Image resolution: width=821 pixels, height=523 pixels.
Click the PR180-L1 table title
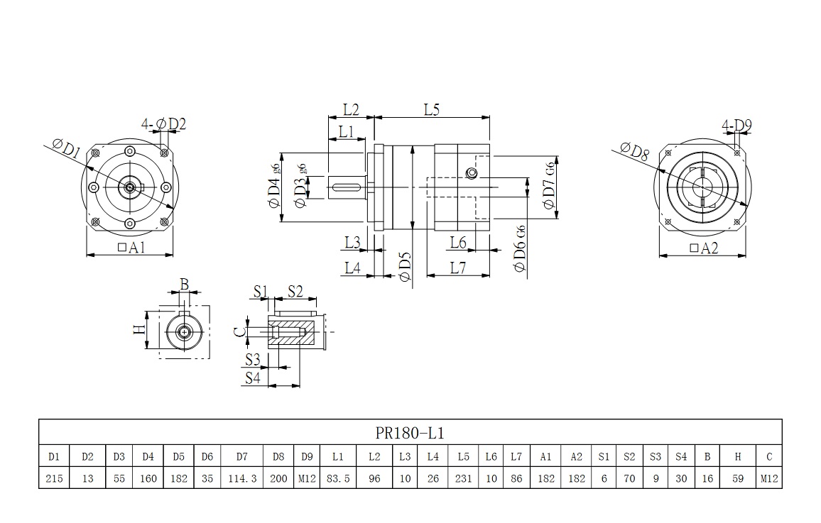pyautogui.click(x=410, y=433)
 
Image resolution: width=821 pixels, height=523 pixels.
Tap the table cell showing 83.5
pyautogui.click(x=337, y=478)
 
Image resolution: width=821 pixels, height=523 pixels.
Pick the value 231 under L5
pyautogui.click(x=464, y=478)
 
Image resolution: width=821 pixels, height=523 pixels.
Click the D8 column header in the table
pyautogui.click(x=278, y=457)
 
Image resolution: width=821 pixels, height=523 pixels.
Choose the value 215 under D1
pyautogui.click(x=54, y=478)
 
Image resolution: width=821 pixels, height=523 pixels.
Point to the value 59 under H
pyautogui.click(x=737, y=478)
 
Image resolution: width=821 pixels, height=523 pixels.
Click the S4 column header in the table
pyautogui.click(x=681, y=457)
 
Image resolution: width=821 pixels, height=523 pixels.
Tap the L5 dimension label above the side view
pyautogui.click(x=432, y=110)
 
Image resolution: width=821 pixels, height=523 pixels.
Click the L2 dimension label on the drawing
pyautogui.click(x=351, y=110)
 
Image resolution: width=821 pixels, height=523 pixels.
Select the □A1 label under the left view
pyautogui.click(x=130, y=248)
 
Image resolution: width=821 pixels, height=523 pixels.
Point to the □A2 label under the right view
pyautogui.click(x=704, y=248)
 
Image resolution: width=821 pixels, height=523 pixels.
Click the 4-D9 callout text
pyautogui.click(x=736, y=126)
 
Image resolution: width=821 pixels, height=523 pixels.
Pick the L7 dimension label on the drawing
pyautogui.click(x=457, y=268)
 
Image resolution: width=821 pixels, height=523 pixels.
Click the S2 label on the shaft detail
pyautogui.click(x=295, y=291)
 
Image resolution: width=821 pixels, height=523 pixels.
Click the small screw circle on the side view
pyautogui.click(x=470, y=175)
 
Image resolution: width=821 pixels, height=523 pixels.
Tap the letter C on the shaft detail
pyautogui.click(x=240, y=331)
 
